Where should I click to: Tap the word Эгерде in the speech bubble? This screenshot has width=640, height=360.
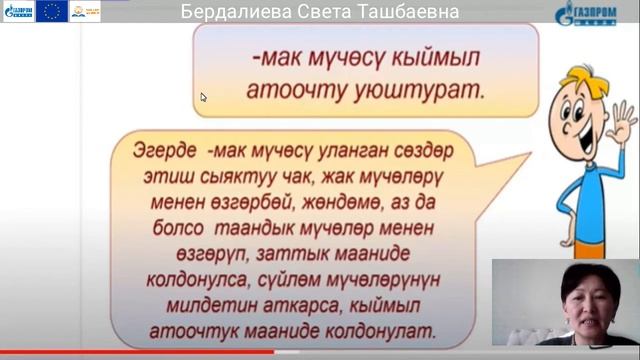click(x=165, y=151)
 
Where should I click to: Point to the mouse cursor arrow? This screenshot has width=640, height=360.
click(x=203, y=97)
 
